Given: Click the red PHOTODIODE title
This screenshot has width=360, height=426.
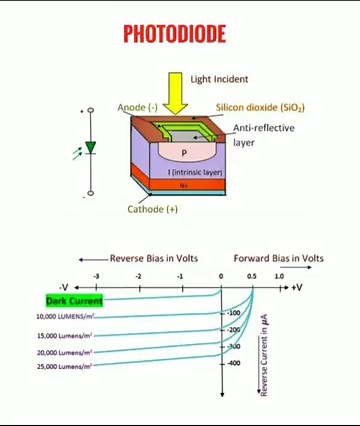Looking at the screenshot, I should coord(174,34).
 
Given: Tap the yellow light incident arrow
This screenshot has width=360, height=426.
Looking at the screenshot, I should coord(176,98).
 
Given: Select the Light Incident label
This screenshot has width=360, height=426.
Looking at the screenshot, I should coord(219,79).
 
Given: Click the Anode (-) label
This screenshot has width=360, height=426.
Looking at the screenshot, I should coord(137,107).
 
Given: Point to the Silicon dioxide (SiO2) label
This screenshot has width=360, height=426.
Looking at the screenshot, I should coord(259,107).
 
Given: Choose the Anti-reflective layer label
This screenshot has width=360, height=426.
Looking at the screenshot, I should coord(257,135).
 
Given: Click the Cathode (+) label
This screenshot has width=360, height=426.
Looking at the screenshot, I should coord(152,209).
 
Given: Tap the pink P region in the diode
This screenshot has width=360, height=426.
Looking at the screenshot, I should coord(183,153).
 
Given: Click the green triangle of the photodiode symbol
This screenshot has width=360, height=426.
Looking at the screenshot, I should coord(90,147).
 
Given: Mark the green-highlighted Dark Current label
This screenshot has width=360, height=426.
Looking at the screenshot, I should coord(74,300).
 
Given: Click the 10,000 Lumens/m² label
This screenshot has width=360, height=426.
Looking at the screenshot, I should coord(65,317).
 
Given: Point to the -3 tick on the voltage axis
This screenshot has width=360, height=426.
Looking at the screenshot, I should coord(96,276).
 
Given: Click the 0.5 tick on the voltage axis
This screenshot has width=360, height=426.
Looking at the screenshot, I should coord(251,276).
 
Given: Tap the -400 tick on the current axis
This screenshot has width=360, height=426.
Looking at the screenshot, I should coord(234,363).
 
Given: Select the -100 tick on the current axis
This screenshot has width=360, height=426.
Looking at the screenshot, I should coord(234,313).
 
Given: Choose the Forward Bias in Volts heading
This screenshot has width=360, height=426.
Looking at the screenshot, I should coord(278,258).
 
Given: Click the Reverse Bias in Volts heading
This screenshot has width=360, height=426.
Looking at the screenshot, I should coord(153,258).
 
